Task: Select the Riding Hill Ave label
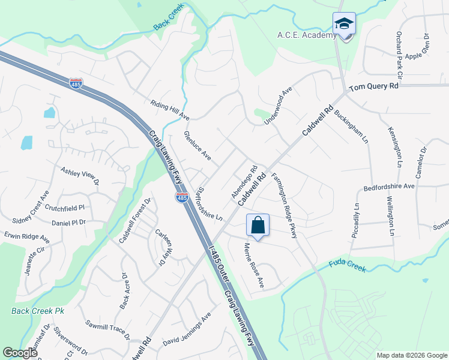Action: pyautogui.click(x=170, y=110)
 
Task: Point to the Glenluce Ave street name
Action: pyautogui.click(x=197, y=146)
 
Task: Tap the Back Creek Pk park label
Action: pyautogui.click(x=37, y=311)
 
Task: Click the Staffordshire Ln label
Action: pyautogui.click(x=206, y=202)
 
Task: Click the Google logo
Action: pyautogui.click(x=20, y=353)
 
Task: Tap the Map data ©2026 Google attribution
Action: pyautogui.click(x=412, y=355)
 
